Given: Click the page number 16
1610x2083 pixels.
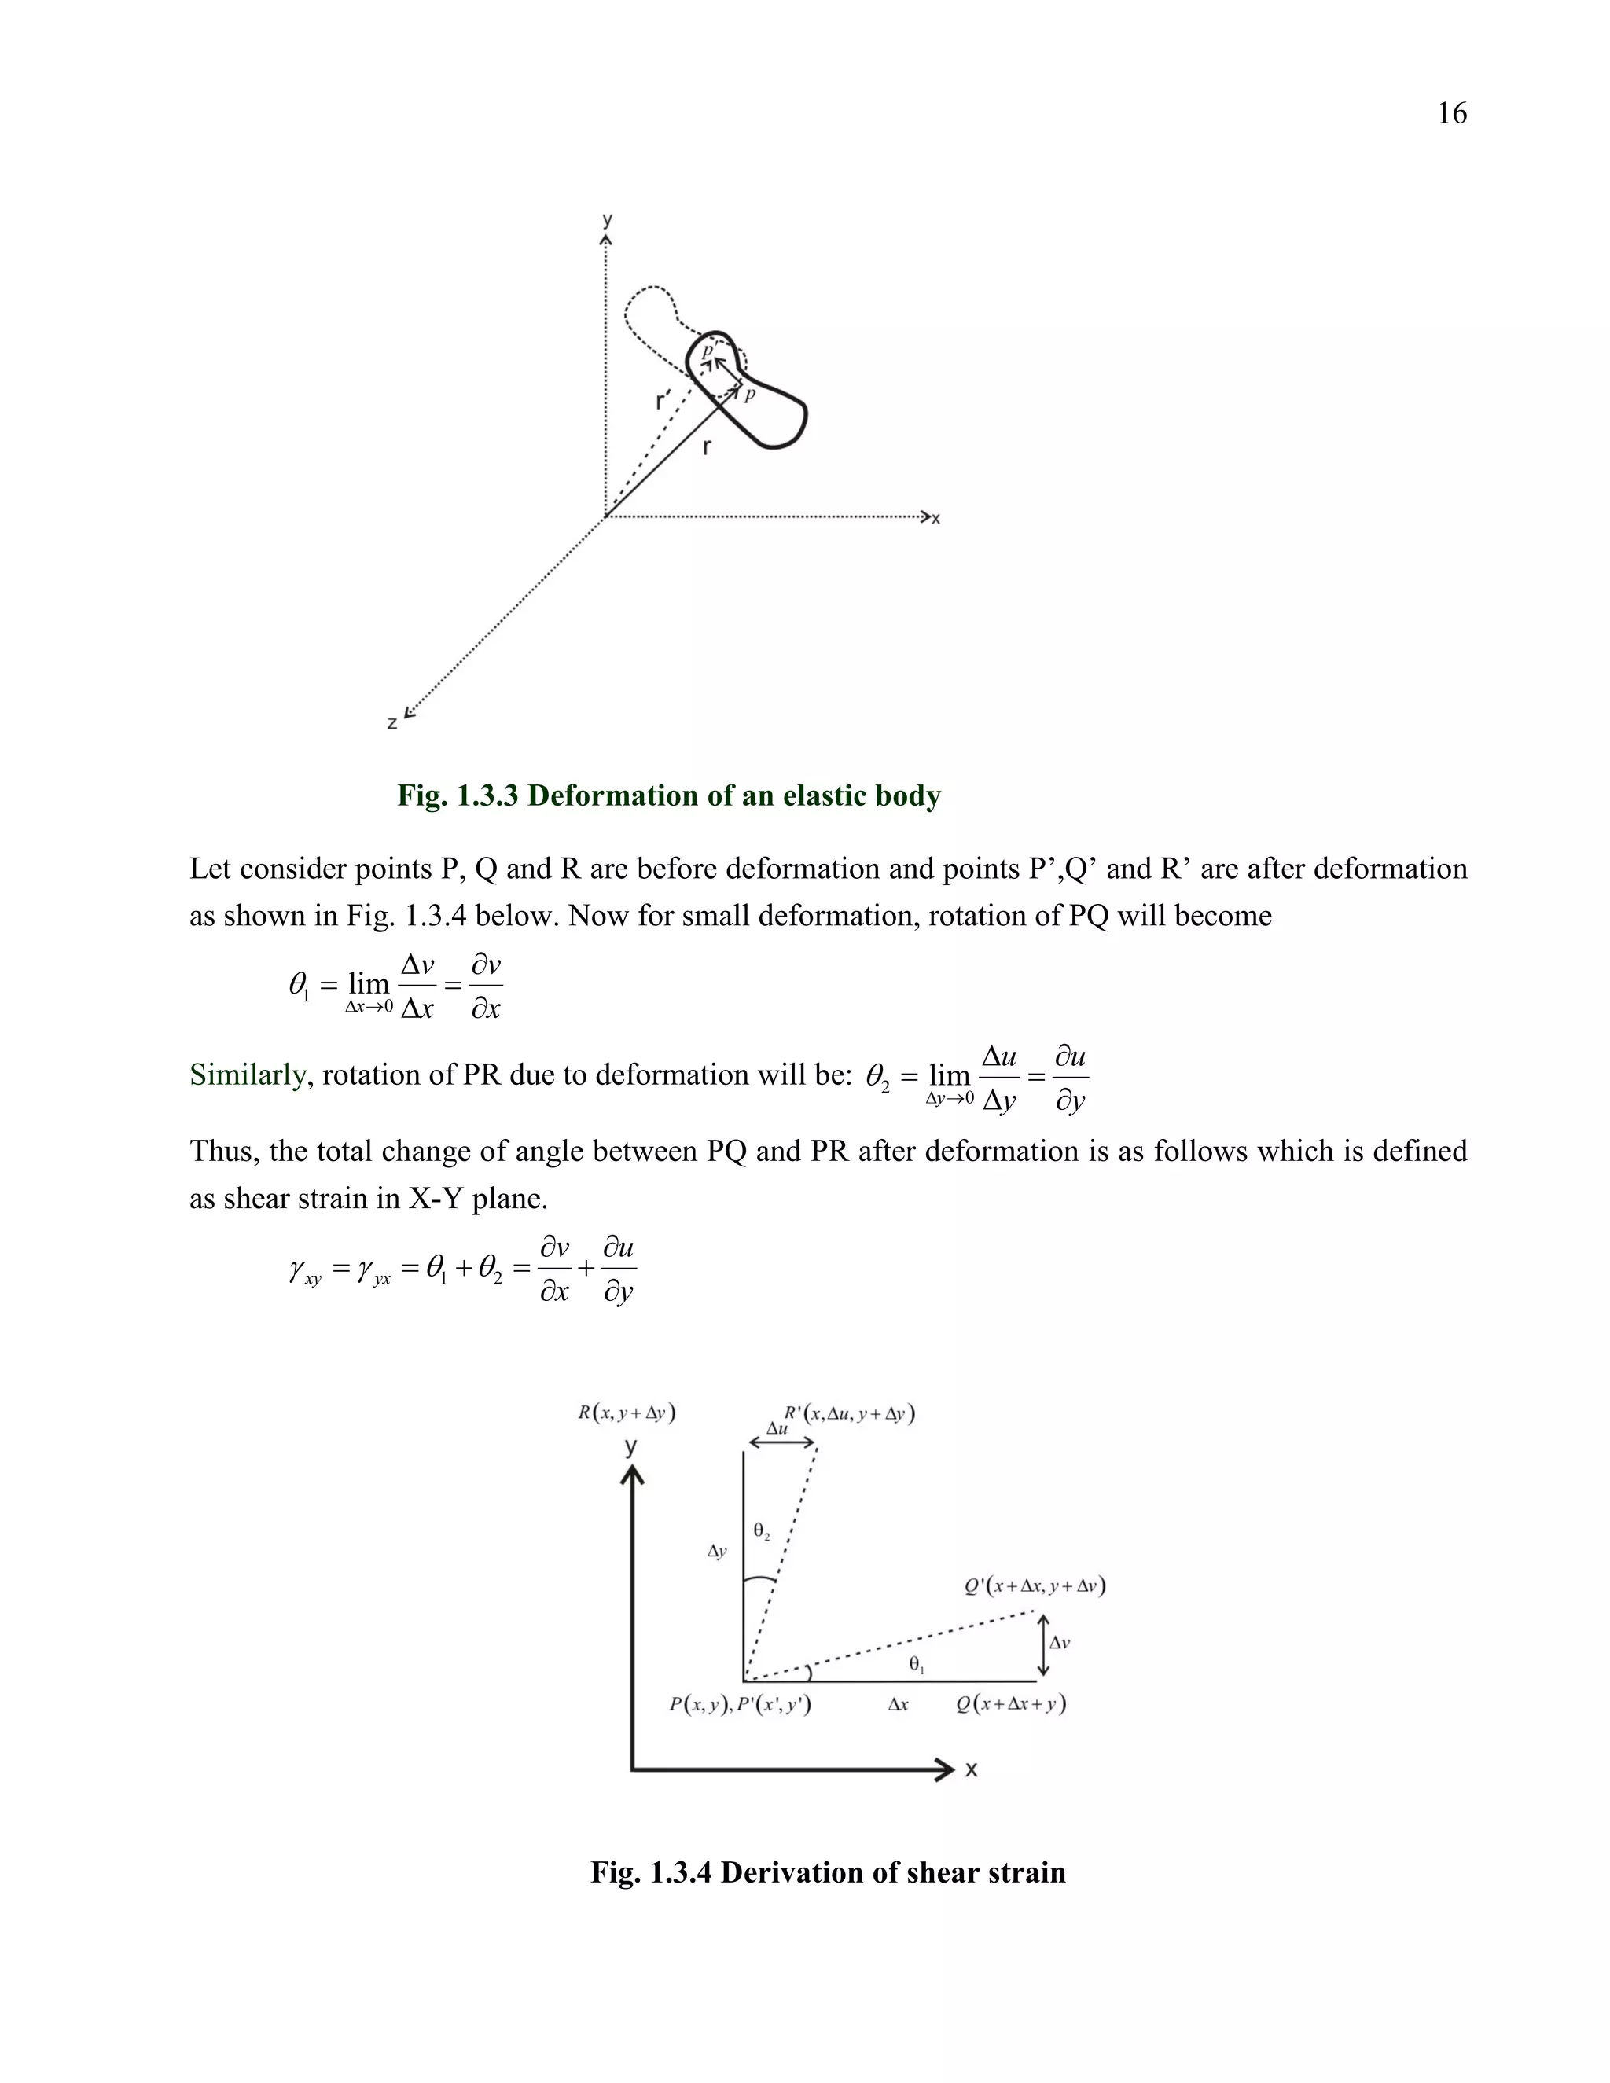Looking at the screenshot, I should pyautogui.click(x=1452, y=113).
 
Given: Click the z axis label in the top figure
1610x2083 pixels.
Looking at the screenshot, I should pyautogui.click(x=392, y=724).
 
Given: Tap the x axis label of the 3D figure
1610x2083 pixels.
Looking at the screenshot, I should pyautogui.click(x=935, y=519).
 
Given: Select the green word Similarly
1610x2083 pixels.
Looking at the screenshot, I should pyautogui.click(x=247, y=1075).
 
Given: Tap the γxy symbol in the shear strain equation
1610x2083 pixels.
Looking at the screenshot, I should pyautogui.click(x=304, y=1270).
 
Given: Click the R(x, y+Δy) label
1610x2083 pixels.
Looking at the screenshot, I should pyautogui.click(x=627, y=1413).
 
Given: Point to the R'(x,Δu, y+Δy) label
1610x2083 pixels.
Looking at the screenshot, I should pyautogui.click(x=849, y=1413).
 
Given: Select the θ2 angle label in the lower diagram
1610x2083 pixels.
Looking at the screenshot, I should pyautogui.click(x=761, y=1530).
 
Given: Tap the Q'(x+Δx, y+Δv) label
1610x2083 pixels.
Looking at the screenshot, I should pyautogui.click(x=1034, y=1586).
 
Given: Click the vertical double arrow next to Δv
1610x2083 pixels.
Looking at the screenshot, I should pyautogui.click(x=1042, y=1645).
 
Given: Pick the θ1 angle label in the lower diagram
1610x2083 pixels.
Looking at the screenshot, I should pyautogui.click(x=917, y=1664).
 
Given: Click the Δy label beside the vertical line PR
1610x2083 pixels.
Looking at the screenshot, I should pyautogui.click(x=717, y=1552).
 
